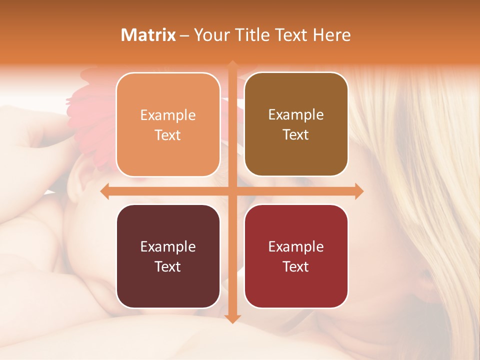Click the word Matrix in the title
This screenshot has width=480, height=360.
[148, 35]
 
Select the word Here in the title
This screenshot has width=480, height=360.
[331, 35]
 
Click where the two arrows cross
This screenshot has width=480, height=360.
[232, 191]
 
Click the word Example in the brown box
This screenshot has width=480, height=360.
[296, 115]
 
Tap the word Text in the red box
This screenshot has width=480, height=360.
[296, 267]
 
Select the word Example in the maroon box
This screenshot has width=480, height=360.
[168, 246]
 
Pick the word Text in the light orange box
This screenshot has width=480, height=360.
[168, 135]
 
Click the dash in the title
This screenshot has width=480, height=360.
[184, 35]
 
